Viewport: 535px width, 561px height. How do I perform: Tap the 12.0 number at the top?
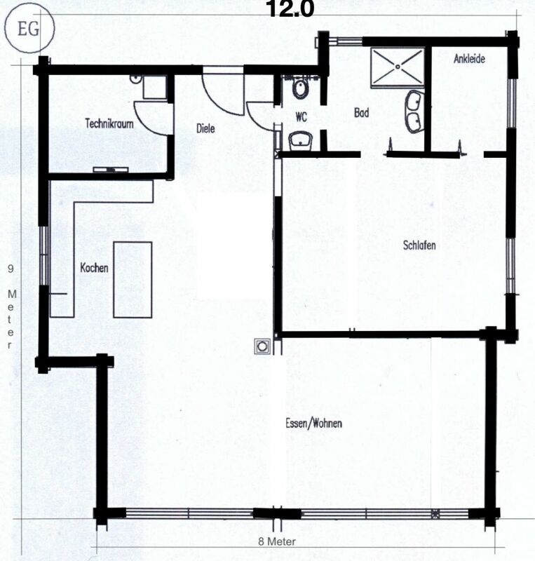pyautogui.click(x=286, y=8)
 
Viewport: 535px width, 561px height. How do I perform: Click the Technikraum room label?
pyautogui.click(x=109, y=123)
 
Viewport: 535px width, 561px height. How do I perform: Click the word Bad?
pyautogui.click(x=362, y=112)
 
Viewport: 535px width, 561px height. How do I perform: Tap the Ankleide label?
pyautogui.click(x=469, y=60)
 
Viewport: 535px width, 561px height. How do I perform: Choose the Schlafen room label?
pyautogui.click(x=420, y=246)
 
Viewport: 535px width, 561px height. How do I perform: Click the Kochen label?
pyautogui.click(x=93, y=268)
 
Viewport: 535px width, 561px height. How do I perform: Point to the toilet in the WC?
pyautogui.click(x=300, y=88)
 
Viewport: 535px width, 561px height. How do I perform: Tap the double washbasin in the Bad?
pyautogui.click(x=413, y=111)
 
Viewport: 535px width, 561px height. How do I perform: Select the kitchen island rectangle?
pyautogui.click(x=133, y=278)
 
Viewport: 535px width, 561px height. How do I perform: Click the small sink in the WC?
pyautogui.click(x=302, y=140)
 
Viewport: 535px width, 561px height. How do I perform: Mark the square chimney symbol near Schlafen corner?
pyautogui.click(x=263, y=346)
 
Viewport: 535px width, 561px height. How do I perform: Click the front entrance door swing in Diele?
pyautogui.click(x=217, y=90)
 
